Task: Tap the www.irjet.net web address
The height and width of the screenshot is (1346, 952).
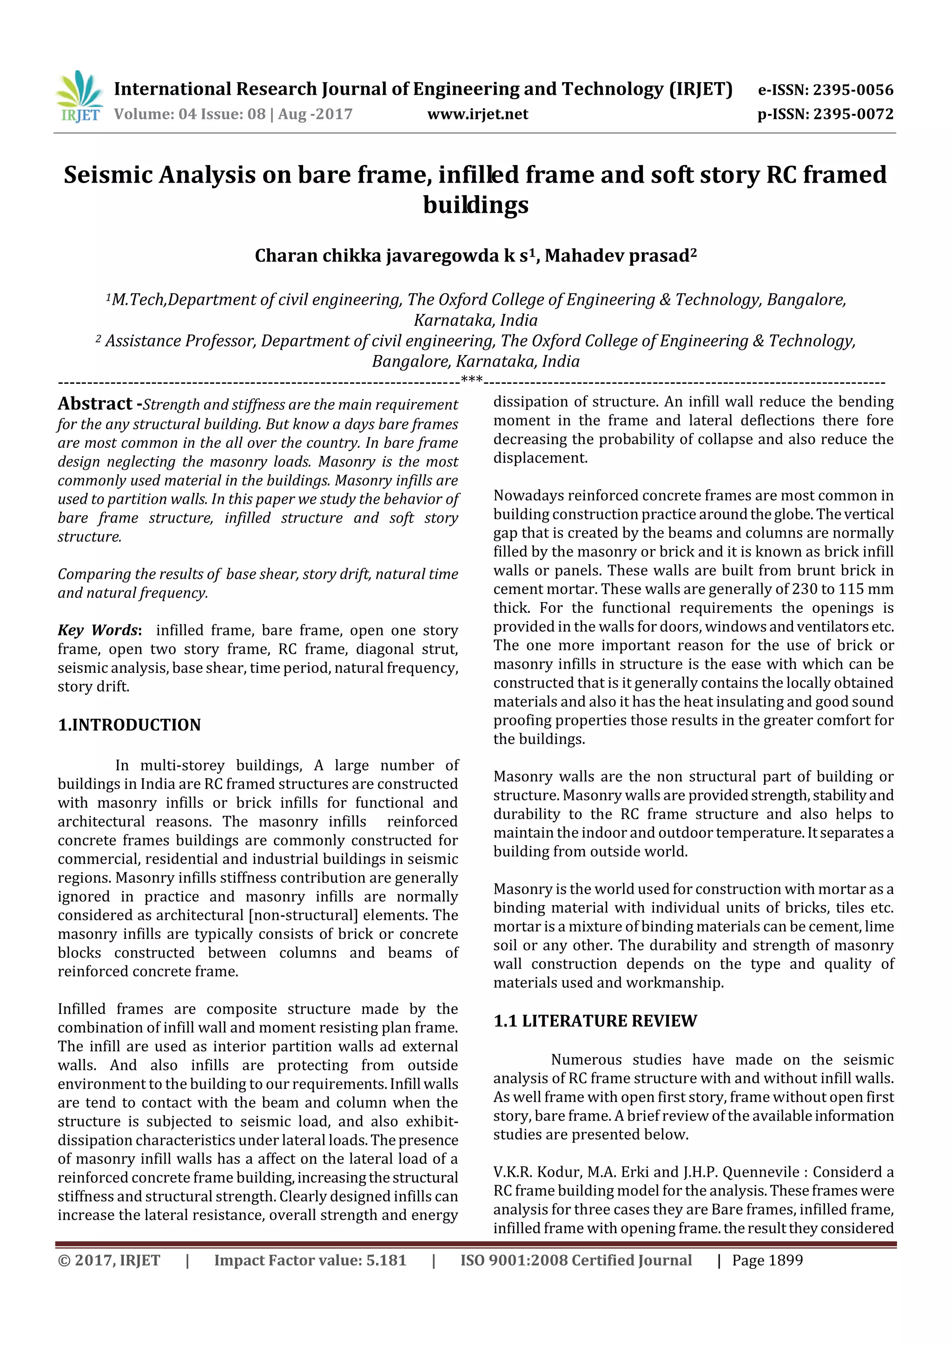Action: [x=477, y=114]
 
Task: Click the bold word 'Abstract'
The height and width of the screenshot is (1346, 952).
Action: [x=95, y=404]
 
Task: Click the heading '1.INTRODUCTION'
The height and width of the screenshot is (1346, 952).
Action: [x=129, y=725]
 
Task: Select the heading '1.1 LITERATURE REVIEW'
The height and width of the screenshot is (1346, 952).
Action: [x=595, y=1021]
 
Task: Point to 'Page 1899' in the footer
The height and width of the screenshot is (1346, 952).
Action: [x=767, y=1261]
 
